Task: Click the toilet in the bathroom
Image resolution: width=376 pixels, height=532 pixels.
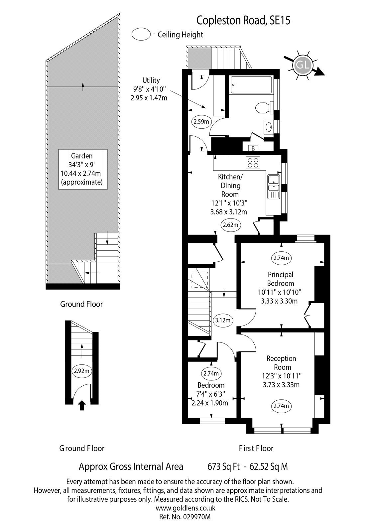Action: [265, 108]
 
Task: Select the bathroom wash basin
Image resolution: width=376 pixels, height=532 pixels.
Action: [269, 127]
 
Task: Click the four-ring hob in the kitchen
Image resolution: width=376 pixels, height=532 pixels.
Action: [253, 163]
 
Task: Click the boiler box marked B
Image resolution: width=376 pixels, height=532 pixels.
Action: [253, 148]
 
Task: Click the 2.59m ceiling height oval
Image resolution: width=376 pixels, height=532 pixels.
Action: [201, 122]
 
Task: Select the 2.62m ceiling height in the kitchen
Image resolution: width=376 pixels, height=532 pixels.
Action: [230, 225]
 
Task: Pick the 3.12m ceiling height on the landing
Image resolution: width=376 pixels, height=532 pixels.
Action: [222, 320]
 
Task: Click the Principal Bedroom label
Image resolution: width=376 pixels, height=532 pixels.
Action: [281, 279]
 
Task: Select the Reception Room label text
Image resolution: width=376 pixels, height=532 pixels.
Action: [282, 363]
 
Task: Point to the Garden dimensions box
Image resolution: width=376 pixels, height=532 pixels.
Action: [83, 169]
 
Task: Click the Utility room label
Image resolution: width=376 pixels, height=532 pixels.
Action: [151, 80]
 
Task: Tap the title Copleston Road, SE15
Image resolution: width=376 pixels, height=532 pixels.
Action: [243, 21]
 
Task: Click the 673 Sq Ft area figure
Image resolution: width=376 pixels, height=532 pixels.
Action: [223, 466]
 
